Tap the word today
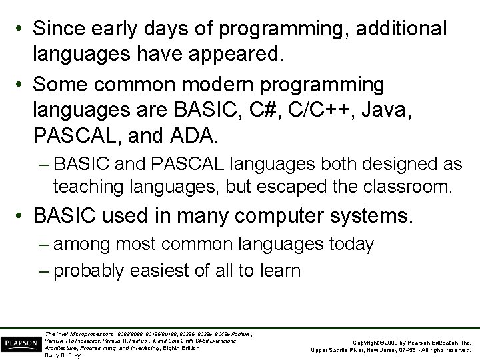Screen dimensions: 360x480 coord(351,245)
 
